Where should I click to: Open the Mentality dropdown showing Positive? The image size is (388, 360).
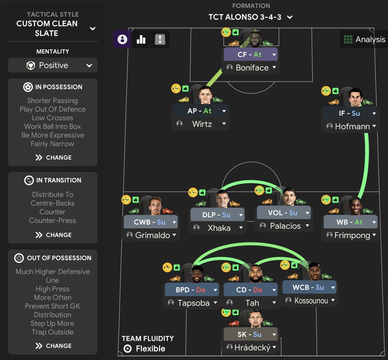coord(53,65)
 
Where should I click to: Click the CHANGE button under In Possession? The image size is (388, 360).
coord(54,158)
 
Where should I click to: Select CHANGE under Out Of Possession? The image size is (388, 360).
coord(54,345)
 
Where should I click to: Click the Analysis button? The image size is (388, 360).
coord(364,39)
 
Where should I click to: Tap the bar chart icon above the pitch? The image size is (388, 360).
coord(141,39)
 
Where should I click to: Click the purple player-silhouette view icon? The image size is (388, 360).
coord(122,39)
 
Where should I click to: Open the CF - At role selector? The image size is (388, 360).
coord(250,54)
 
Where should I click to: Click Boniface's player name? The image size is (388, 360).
coord(252,67)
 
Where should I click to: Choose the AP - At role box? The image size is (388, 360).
coord(201,111)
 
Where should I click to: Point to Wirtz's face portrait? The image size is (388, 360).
coord(206,95)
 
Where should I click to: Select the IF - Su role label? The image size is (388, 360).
coord(349,113)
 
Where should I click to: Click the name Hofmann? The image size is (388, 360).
coord(352,126)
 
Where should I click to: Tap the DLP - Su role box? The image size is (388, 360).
coord(217,215)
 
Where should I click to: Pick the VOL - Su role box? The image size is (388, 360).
coord(284,212)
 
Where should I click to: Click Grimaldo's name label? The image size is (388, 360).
coord(153,235)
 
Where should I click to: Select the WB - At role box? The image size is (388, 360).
coord(350,222)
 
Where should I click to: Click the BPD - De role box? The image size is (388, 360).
coord(192,290)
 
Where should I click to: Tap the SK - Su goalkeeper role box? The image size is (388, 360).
coord(250,334)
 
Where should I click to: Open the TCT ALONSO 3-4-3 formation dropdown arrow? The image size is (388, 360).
coord(290,17)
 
